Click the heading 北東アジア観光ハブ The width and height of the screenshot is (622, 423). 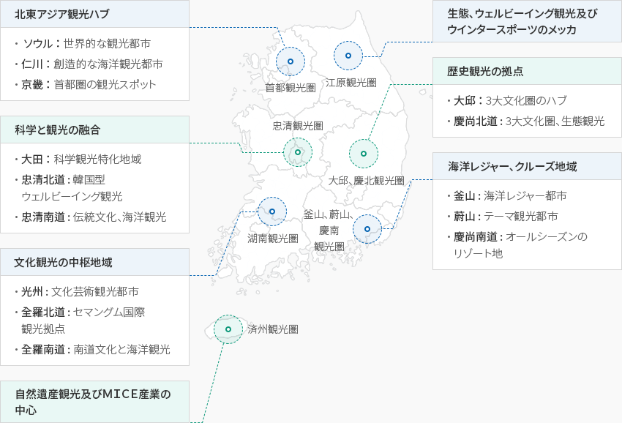click(62, 14)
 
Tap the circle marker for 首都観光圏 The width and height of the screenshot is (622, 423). click(291, 61)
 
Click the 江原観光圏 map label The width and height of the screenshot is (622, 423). click(351, 83)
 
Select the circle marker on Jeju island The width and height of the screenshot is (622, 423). click(228, 329)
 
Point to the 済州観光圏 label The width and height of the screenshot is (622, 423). click(273, 329)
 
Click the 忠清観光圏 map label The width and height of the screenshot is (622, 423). click(298, 126)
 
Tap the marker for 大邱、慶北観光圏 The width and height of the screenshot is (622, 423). click(364, 154)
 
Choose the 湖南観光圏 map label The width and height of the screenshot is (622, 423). click(273, 239)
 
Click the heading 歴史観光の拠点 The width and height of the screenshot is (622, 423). click(485, 72)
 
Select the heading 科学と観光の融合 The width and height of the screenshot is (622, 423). click(58, 130)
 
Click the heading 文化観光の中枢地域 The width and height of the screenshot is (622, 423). click(63, 262)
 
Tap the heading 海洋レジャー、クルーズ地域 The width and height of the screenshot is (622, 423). click(512, 167)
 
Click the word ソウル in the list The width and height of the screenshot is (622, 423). click(37, 44)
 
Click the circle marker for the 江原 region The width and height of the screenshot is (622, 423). click(348, 56)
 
